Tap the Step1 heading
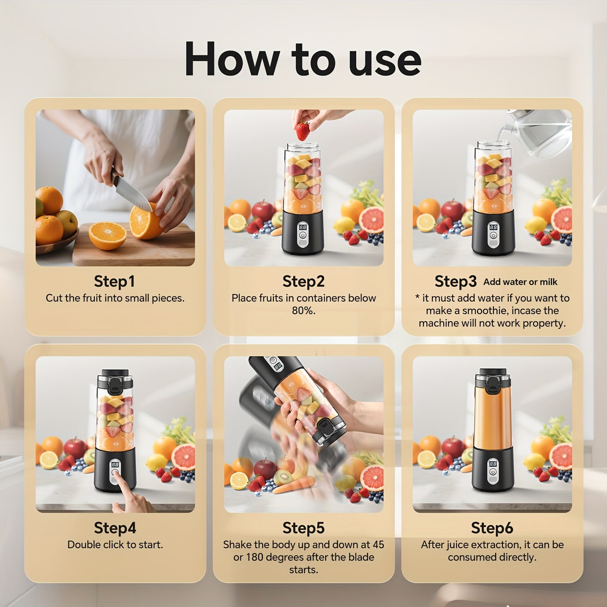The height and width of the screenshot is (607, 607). [x=114, y=281]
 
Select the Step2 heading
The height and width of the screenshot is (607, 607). [x=303, y=281]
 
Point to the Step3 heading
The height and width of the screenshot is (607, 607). [x=455, y=281]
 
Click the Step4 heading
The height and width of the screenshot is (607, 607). [x=115, y=528]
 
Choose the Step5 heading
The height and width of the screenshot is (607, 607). [x=303, y=528]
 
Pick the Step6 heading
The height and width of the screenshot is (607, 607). [x=492, y=528]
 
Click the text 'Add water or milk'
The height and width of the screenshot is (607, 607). [x=520, y=282]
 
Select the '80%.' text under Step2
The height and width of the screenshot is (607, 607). [x=303, y=311]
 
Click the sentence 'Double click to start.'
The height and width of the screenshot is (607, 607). [x=115, y=545]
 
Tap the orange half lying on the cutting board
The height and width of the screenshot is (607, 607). [x=108, y=235]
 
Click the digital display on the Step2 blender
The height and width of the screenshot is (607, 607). [x=302, y=227]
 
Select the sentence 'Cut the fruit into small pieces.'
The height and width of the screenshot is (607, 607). [x=115, y=298]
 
